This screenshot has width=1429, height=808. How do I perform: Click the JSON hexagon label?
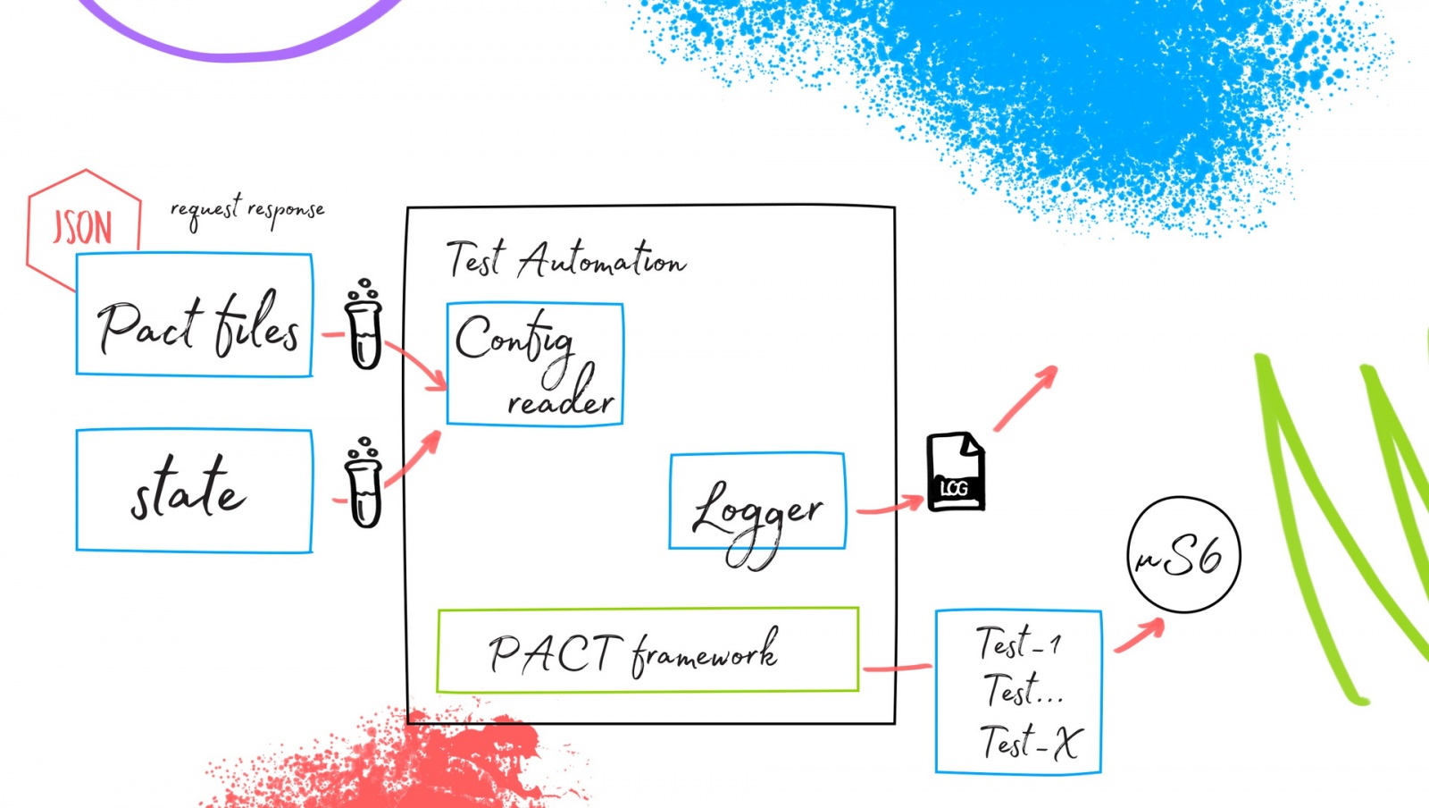click(82, 227)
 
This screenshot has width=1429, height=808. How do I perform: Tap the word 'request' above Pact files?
click(205, 211)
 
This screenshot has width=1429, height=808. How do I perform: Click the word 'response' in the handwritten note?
click(286, 211)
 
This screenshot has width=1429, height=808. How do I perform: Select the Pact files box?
click(194, 315)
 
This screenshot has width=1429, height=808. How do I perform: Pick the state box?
click(194, 491)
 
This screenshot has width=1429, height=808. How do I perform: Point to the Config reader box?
click(534, 364)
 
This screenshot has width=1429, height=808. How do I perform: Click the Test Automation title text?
click(566, 259)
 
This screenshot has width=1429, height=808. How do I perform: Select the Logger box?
click(756, 501)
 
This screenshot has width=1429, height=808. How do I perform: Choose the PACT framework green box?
click(648, 651)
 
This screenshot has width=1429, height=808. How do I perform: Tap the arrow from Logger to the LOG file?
click(890, 506)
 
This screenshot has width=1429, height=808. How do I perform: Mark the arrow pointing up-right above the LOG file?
click(1025, 398)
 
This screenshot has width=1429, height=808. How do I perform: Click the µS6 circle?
click(1183, 555)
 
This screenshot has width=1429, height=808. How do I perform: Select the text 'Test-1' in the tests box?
click(1018, 642)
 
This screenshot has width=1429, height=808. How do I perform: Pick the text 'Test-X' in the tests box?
click(1031, 742)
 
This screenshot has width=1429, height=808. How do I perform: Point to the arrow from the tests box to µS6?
click(1140, 634)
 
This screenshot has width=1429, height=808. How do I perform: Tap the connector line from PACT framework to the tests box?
click(897, 667)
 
